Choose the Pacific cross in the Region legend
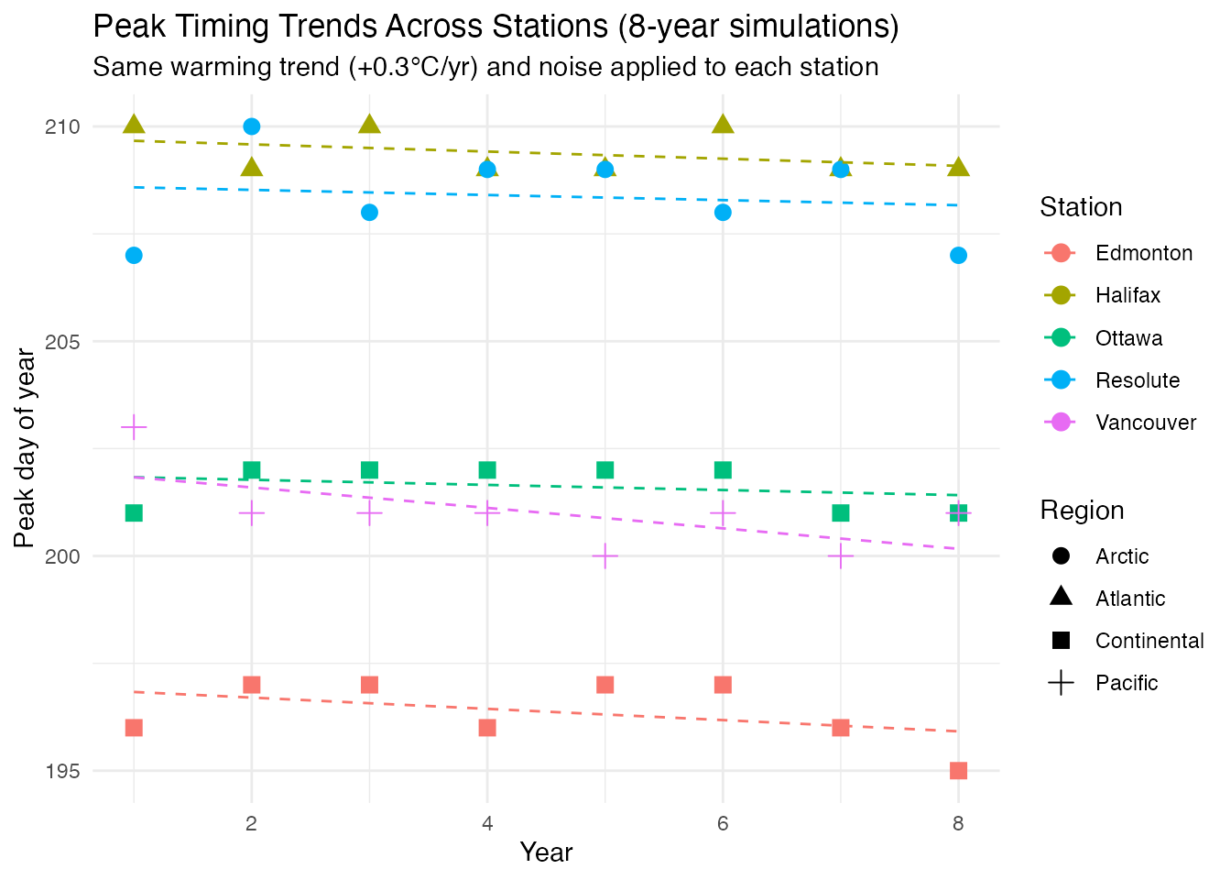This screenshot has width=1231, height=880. [x=1062, y=683]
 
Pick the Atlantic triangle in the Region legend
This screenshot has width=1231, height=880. [x=1062, y=598]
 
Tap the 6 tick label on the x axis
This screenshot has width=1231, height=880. [x=723, y=823]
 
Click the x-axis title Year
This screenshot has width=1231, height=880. [x=546, y=852]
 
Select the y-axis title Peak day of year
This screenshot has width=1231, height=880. [x=26, y=449]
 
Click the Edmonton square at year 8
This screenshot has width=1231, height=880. [x=958, y=770]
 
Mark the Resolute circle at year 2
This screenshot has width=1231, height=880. [x=251, y=126]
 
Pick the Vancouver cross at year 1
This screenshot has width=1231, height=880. [x=134, y=427]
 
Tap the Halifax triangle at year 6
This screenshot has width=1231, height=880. [x=723, y=125]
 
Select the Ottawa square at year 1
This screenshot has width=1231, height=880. [x=134, y=512]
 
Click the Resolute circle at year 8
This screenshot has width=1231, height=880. [x=958, y=255]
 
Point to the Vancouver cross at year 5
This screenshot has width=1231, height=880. [x=605, y=555]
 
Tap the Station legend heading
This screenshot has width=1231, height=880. [x=1081, y=207]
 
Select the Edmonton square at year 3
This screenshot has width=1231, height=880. [x=369, y=685]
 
